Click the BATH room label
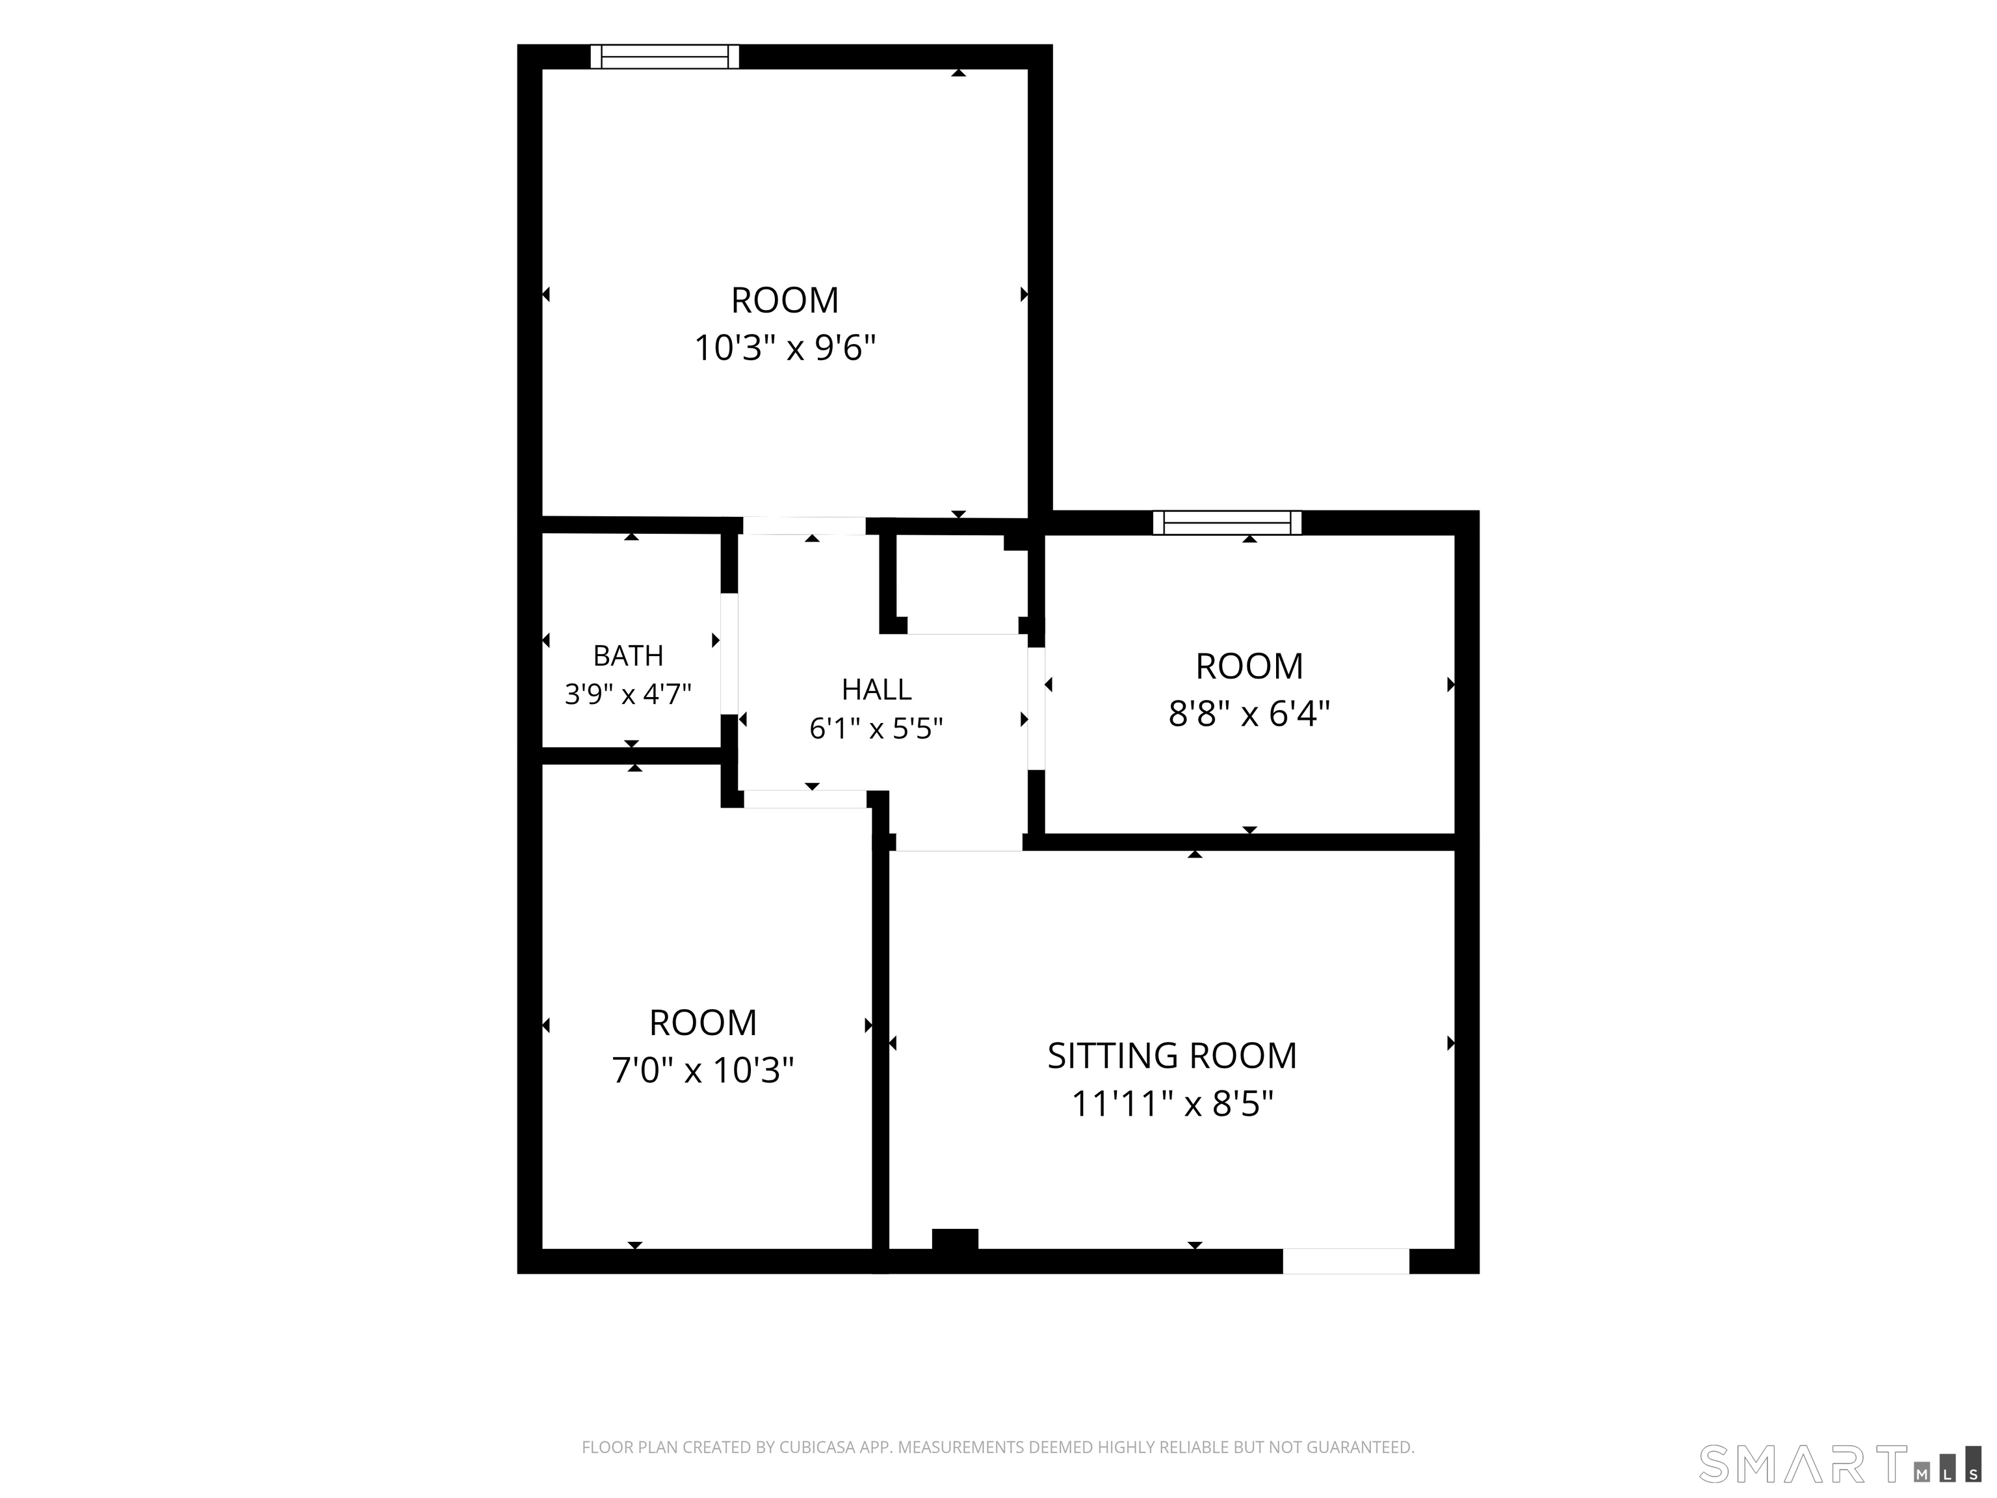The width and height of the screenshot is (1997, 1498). click(x=629, y=655)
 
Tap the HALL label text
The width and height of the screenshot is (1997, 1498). click(x=877, y=689)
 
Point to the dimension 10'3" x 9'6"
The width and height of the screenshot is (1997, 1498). click(x=785, y=348)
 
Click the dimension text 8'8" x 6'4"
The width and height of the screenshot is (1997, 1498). click(x=1249, y=715)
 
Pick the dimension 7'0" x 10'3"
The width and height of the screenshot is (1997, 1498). click(x=703, y=1071)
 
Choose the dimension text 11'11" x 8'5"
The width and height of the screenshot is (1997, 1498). click(x=1172, y=1103)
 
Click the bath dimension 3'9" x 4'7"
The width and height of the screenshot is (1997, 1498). click(x=629, y=694)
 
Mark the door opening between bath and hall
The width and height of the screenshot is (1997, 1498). click(x=729, y=653)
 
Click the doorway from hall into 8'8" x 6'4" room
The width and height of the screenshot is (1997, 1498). click(x=1036, y=709)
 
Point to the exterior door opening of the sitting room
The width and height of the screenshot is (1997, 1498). click(x=1346, y=1261)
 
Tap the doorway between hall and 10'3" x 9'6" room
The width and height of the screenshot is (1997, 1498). click(x=804, y=525)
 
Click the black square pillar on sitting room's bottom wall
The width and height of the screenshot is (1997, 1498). click(x=955, y=1240)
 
